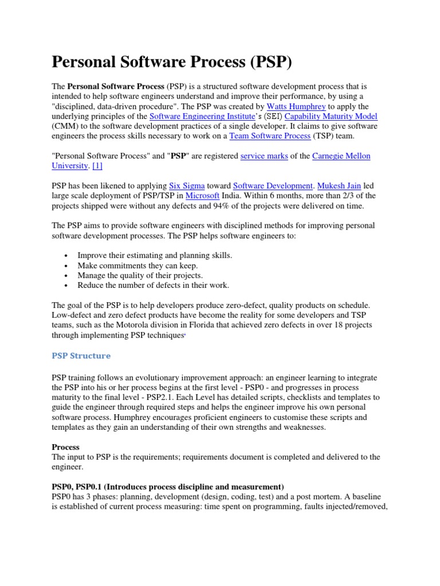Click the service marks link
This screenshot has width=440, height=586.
click(x=264, y=156)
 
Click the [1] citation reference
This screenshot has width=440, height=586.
click(x=97, y=166)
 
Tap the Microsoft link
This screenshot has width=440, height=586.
click(x=202, y=196)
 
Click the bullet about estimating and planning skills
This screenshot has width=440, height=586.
click(x=155, y=255)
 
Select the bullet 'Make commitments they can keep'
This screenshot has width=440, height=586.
click(x=137, y=266)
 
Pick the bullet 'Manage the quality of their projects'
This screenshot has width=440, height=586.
click(x=140, y=275)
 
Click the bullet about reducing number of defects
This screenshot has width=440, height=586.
click(x=153, y=285)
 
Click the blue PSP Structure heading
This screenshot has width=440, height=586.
click(x=81, y=355)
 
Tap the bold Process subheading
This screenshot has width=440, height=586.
click(x=66, y=447)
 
